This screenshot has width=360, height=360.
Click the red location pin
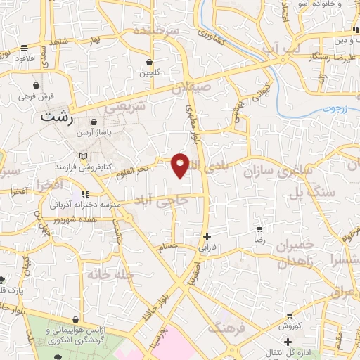coord(181,165)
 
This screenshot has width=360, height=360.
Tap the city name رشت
coord(57,118)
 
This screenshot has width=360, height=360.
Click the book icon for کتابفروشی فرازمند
coord(85,155)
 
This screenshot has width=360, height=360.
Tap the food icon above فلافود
coord(25,48)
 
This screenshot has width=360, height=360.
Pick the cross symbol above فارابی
coord(206,236)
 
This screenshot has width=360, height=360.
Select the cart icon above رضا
coord(259,229)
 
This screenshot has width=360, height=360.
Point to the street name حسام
coord(177,245)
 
